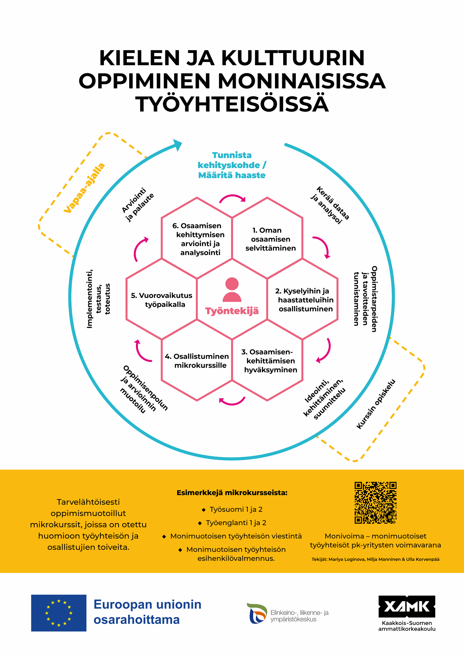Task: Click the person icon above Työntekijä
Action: pos(232,290)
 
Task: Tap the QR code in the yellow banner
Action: pos(375,503)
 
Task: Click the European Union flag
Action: pos(59,613)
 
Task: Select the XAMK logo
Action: pos(407,606)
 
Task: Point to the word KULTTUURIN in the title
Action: pos(293,58)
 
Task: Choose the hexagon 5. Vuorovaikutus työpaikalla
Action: pos(161,299)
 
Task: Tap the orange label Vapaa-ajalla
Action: pos(84,188)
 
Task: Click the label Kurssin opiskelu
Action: pos(376,404)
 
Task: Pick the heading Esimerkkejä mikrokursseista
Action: pos(232,493)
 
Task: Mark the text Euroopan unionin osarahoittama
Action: pos(148,612)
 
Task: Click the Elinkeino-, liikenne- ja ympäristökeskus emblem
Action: pos(257,613)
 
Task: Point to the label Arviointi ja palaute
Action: pos(138,205)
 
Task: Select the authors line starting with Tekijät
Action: pos(376,559)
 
